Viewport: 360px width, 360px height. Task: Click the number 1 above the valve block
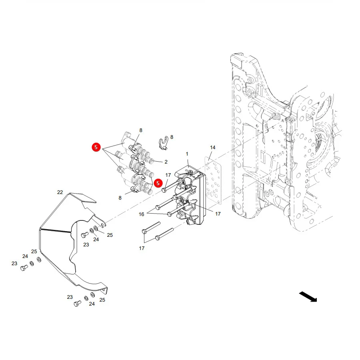coord(187,154)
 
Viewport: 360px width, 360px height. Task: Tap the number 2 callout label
coord(166,162)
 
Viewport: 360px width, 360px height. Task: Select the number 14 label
coord(213,147)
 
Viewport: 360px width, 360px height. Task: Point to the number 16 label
coord(142,214)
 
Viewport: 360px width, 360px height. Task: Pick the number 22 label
coord(60,192)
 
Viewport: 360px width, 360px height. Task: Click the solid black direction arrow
coord(308,297)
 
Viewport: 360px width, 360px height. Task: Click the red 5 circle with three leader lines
coord(96,147)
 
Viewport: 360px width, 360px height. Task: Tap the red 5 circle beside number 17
coord(158,183)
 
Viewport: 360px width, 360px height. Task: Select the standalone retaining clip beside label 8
coord(164,143)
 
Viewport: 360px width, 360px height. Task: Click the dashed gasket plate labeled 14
coord(213,180)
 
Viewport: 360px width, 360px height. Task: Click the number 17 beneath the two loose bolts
coord(142,248)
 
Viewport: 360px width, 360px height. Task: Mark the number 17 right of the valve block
coord(218,214)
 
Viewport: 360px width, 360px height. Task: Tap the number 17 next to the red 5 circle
coord(168,175)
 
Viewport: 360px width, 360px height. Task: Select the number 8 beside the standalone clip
coord(172,137)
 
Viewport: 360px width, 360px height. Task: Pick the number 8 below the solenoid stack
coord(120,198)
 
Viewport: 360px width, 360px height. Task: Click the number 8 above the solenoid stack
coord(141,130)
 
